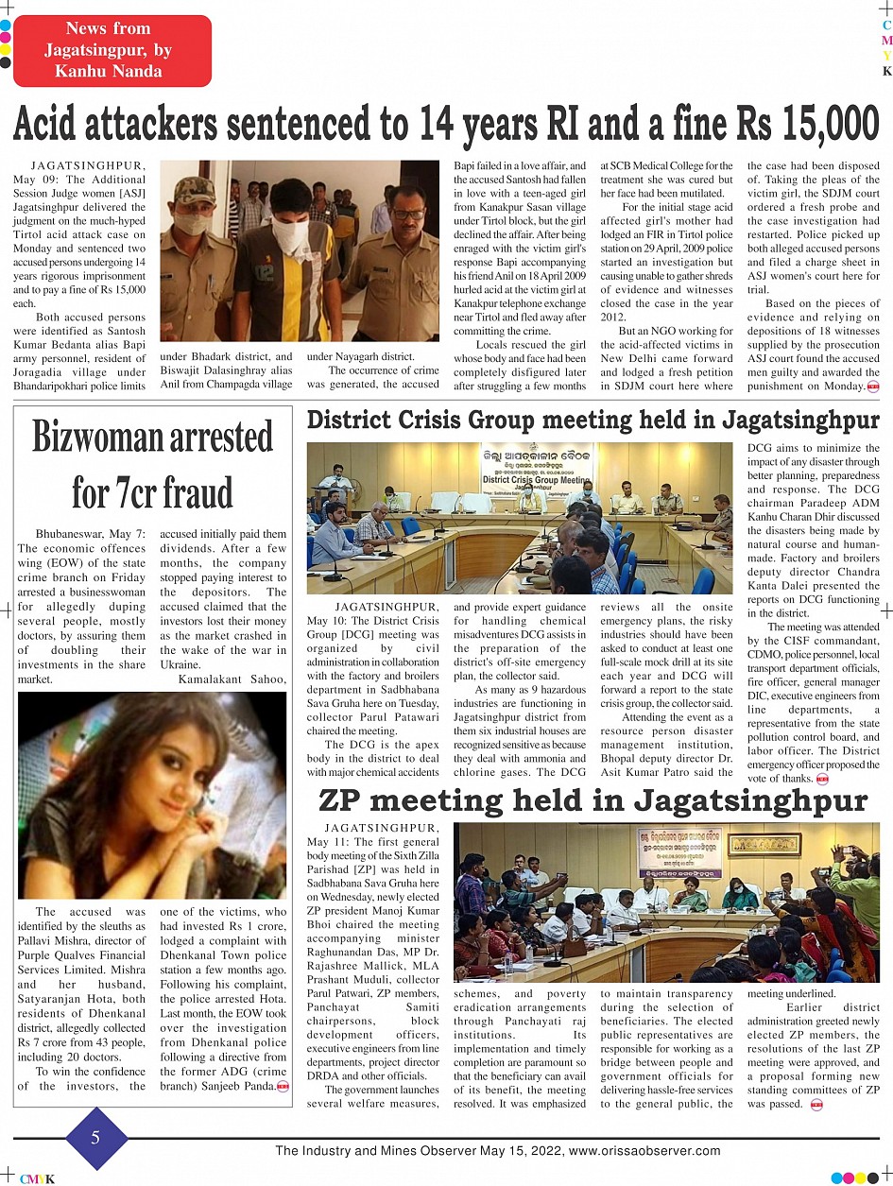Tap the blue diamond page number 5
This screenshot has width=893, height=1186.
(x=94, y=1138)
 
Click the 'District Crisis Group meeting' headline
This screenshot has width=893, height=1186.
(x=592, y=420)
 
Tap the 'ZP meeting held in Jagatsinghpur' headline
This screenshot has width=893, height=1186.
(x=592, y=800)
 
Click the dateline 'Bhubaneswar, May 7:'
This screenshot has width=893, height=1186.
(x=91, y=534)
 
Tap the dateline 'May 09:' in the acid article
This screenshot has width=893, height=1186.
(x=41, y=179)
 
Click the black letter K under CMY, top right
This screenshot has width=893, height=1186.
(x=886, y=71)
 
